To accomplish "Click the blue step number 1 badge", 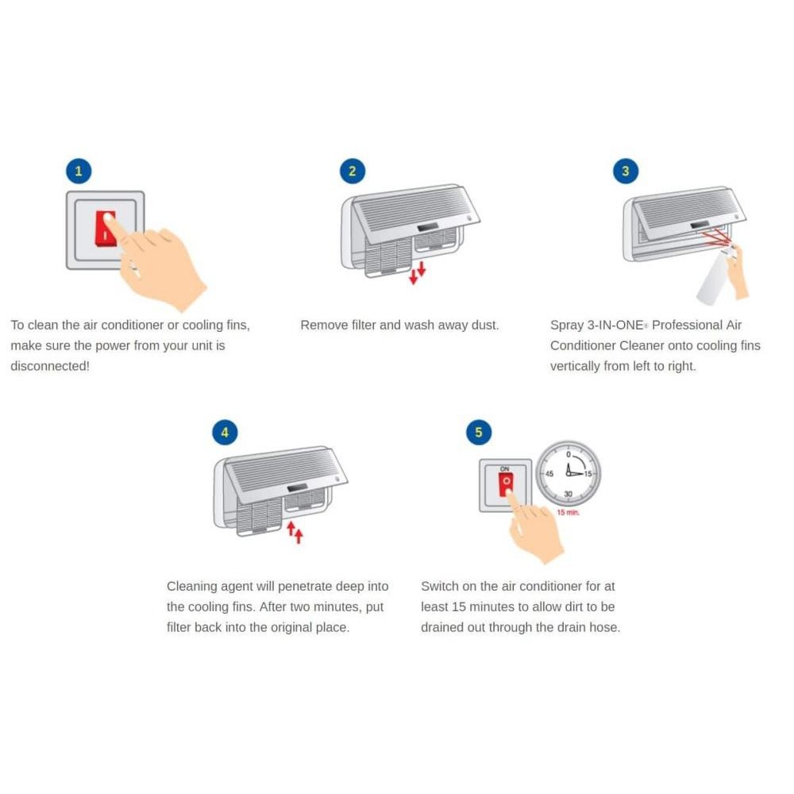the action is tap(79, 172).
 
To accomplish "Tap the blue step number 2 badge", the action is tap(353, 172).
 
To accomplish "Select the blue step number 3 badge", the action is tap(626, 172).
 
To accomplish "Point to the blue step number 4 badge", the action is tap(225, 433).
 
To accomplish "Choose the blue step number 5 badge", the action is tap(479, 433).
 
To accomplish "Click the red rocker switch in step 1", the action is tap(106, 229).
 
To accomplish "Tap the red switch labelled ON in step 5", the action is tap(505, 484).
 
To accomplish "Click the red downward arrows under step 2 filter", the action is tap(418, 273).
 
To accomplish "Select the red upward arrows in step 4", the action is tap(295, 532).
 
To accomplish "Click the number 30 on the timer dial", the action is tap(569, 494).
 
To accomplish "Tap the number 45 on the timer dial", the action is tap(549, 474).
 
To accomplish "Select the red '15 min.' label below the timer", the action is tap(569, 512).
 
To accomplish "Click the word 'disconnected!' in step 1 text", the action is tap(49, 366).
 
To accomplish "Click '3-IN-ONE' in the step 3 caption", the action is tap(615, 325).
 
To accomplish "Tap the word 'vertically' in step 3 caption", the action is tap(575, 367).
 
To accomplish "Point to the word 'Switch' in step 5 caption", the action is tap(440, 587).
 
